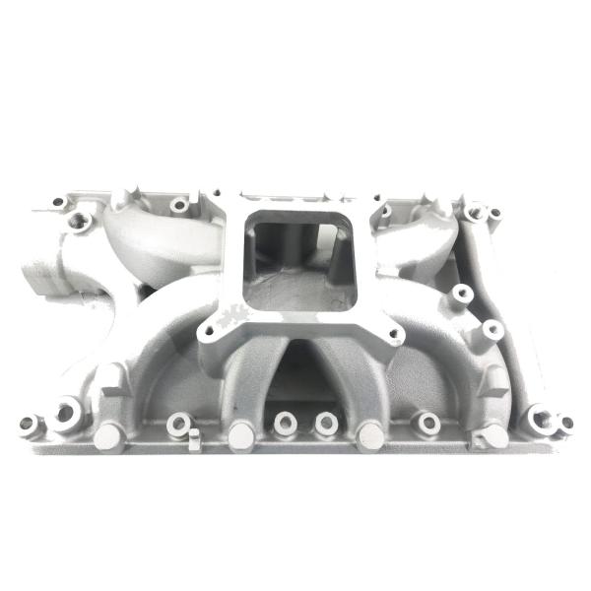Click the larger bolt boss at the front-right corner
pyautogui.click(x=540, y=419)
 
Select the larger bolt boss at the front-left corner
pyautogui.click(x=65, y=412)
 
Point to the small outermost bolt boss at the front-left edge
pyautogui.click(x=27, y=424)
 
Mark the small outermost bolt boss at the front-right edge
pyautogui.click(x=566, y=424)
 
